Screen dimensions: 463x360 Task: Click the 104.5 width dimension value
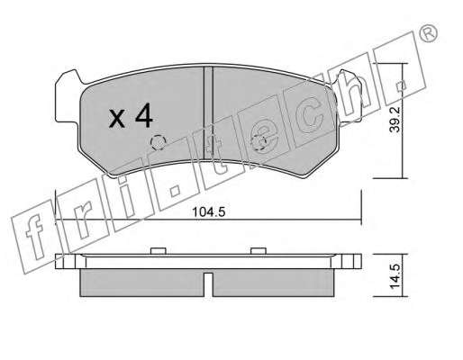click(209, 212)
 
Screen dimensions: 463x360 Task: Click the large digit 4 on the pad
click(144, 117)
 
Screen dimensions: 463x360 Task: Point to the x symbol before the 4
click(117, 119)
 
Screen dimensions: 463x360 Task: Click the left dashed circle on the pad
click(159, 143)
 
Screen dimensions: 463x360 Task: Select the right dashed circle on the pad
click(259, 143)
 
